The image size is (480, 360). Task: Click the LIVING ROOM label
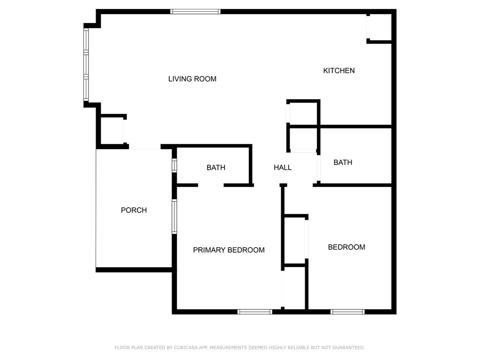point(192,79)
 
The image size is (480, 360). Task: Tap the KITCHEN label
point(339,71)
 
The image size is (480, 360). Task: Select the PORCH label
point(134,210)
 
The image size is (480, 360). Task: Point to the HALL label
point(283,167)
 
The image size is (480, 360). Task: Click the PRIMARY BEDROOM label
point(229,250)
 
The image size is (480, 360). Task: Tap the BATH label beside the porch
point(216,167)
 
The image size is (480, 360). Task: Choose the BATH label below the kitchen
point(343,163)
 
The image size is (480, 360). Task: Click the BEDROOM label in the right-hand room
point(346,247)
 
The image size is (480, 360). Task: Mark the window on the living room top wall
point(195,12)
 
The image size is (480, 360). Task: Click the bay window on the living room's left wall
point(86,65)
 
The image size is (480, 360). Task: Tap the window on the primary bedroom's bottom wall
point(255,312)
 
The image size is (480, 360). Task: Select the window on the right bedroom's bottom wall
point(347,312)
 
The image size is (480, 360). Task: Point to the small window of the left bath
point(174,166)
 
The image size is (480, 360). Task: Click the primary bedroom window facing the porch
point(174,217)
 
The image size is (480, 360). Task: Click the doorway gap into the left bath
point(210,186)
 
